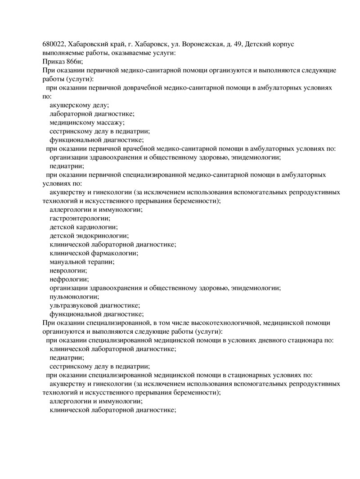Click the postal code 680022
pyautogui.click(x=53, y=45)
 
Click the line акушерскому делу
pyautogui.click(x=79, y=105)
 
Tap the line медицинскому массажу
pyautogui.click(x=87, y=122)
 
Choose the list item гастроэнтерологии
pyautogui.click(x=80, y=218)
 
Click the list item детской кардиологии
pyautogui.click(x=83, y=227)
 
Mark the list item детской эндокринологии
pyautogui.click(x=89, y=236)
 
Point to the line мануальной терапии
pyautogui.click(x=82, y=262)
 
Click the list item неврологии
pyautogui.click(x=68, y=271)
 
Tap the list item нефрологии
pyautogui.click(x=69, y=279)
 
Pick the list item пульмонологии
pyautogui.click(x=74, y=297)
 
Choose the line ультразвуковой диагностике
pyautogui.click(x=94, y=305)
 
